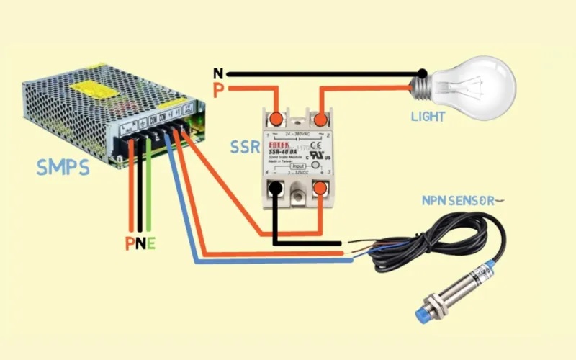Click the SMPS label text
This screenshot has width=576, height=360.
pyautogui.click(x=63, y=168)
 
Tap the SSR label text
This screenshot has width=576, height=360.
pyautogui.click(x=244, y=147)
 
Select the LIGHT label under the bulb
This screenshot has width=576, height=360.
pyautogui.click(x=428, y=117)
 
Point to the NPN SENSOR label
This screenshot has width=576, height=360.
pyautogui.click(x=458, y=201)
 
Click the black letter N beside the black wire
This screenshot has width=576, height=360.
pyautogui.click(x=218, y=73)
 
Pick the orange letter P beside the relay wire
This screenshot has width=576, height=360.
pyautogui.click(x=218, y=90)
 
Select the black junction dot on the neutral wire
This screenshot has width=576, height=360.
pyautogui.click(x=422, y=73)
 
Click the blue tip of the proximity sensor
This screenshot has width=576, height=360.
pyautogui.click(x=423, y=315)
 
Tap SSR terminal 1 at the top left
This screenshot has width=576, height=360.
pyautogui.click(x=275, y=119)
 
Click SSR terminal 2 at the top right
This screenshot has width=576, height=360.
pyautogui.click(x=321, y=118)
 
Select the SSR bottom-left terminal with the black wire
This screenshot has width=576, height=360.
pyautogui.click(x=274, y=189)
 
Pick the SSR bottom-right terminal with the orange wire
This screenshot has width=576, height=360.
pyautogui.click(x=321, y=189)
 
